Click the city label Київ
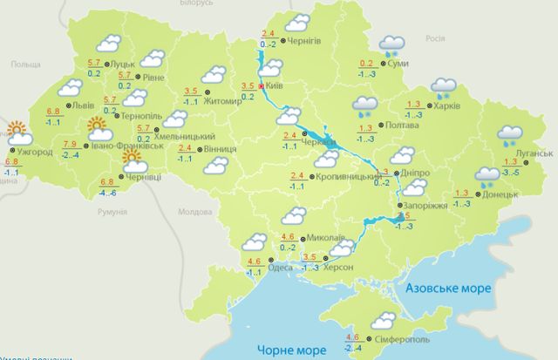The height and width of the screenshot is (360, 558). pos(274,85)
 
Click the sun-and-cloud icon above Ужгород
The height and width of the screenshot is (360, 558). pos(17,135)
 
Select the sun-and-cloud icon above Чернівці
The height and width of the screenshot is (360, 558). pos(136,160)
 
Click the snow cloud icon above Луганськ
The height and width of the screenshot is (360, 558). pos(511,135)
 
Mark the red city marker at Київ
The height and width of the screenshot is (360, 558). pos(262,86)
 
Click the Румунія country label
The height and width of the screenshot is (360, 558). pos(112,212)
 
